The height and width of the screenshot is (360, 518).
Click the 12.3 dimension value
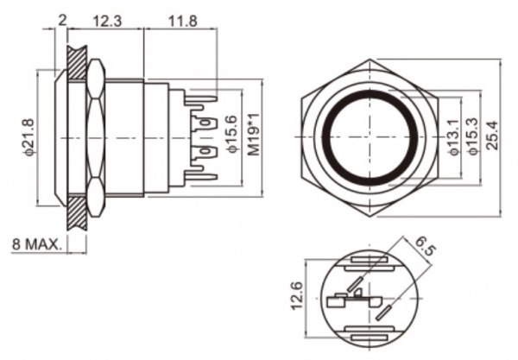pyautogui.click(x=107, y=21)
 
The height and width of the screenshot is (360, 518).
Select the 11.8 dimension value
pyautogui.click(x=183, y=21)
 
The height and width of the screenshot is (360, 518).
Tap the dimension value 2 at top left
pyautogui.click(x=62, y=21)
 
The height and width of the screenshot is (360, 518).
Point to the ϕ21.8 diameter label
pyautogui.click(x=28, y=137)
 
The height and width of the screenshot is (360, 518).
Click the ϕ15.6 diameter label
pyautogui.click(x=232, y=135)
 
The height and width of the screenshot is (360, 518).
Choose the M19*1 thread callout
pyautogui.click(x=254, y=135)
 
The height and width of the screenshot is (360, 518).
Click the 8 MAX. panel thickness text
pyautogui.click(x=37, y=244)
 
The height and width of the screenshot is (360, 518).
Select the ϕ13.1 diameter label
pyautogui.click(x=454, y=137)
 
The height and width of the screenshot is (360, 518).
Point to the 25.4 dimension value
pyautogui.click(x=492, y=136)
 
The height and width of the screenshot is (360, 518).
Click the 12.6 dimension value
pyautogui.click(x=297, y=295)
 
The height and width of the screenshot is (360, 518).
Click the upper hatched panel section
pyautogui.click(x=77, y=63)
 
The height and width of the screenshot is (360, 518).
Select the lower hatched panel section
pyautogui.click(x=77, y=212)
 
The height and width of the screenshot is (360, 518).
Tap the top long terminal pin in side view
pyautogui.click(x=201, y=99)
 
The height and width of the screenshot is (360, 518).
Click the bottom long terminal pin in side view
pyautogui.click(x=201, y=176)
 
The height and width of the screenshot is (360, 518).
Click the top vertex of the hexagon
pyautogui.click(x=370, y=60)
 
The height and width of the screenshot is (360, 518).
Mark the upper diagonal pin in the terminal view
pyautogui.click(x=355, y=284)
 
